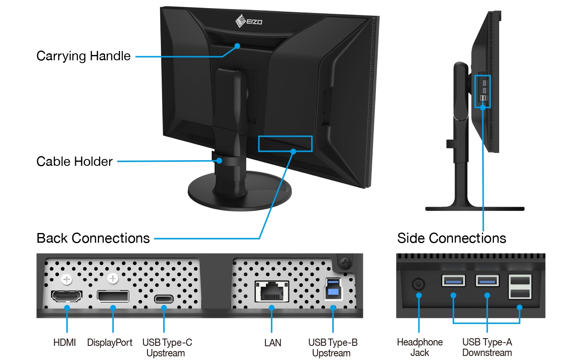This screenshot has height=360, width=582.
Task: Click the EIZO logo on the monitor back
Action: [x=249, y=21]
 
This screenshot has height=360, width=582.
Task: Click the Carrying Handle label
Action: [x=83, y=56]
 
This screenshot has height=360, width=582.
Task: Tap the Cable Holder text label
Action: [x=74, y=161]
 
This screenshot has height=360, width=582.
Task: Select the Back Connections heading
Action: [x=93, y=238]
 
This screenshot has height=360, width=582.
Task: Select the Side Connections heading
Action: [x=451, y=238]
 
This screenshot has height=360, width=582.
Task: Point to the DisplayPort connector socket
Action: [x=113, y=296]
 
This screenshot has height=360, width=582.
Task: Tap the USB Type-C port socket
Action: [x=164, y=299]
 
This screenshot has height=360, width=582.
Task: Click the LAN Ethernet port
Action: [x=272, y=291]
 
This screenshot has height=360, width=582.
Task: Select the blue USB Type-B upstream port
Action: [x=333, y=289]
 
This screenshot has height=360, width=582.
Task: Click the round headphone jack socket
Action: [x=418, y=284]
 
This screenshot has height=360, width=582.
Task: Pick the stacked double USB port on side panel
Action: [x=520, y=287]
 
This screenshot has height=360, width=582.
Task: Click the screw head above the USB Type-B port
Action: [x=346, y=263]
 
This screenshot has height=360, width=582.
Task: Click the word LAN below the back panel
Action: [x=273, y=343]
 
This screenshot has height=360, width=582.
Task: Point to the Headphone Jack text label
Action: [x=420, y=347]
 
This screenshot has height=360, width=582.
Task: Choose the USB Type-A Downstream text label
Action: [x=487, y=347]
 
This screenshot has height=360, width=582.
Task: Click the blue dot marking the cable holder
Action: [x=219, y=161]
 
